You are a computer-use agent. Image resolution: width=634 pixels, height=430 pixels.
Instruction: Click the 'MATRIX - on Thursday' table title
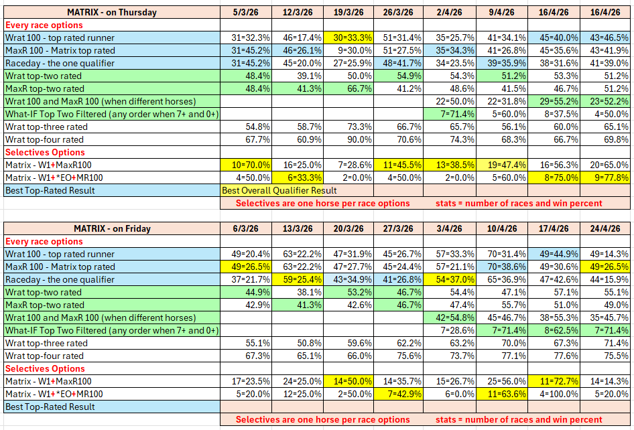(x=112, y=12)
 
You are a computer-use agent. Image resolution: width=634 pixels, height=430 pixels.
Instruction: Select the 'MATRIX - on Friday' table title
(x=112, y=228)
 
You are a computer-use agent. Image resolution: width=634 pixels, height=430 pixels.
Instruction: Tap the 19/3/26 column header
(x=348, y=12)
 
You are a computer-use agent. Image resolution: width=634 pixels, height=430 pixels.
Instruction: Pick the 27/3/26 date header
(x=400, y=228)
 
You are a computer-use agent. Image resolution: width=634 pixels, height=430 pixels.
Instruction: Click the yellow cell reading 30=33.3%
(x=348, y=38)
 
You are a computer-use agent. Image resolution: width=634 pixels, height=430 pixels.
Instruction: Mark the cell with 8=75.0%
(x=554, y=177)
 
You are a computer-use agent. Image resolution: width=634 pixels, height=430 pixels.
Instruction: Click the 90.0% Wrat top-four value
(x=348, y=139)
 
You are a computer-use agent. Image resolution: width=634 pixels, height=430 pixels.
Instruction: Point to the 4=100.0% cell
(x=554, y=394)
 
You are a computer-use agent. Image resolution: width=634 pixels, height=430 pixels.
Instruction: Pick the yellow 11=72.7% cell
(x=554, y=381)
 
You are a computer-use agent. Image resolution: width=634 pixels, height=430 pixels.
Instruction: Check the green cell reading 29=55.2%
(x=554, y=101)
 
